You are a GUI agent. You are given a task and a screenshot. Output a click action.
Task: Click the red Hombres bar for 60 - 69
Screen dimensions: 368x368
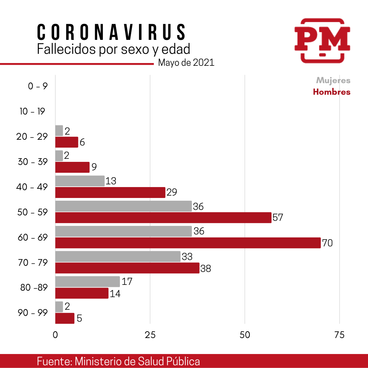pos(188,243)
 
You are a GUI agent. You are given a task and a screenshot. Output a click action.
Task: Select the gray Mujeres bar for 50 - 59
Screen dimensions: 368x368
pos(123,206)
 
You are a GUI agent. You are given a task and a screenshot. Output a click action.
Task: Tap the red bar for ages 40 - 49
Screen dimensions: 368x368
pos(110,193)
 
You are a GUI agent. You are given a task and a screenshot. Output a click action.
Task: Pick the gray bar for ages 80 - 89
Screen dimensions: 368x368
pos(88,282)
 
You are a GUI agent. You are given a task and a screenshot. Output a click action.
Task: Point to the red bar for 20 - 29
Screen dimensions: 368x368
pos(67,142)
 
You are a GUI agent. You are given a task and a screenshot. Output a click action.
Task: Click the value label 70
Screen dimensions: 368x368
pos(327,243)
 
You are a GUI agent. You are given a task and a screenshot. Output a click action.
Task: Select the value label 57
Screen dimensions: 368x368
pos(278,218)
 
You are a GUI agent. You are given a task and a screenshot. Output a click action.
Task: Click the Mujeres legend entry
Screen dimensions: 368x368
pos(333,80)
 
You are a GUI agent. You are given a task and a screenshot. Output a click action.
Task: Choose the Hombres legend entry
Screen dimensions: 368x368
pos(332,92)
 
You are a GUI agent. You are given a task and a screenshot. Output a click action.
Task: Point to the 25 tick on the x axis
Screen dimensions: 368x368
pos(150,335)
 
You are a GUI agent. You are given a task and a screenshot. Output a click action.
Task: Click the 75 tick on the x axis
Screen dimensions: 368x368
pos(339,335)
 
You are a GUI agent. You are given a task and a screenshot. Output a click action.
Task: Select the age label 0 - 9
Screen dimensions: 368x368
pos(38,86)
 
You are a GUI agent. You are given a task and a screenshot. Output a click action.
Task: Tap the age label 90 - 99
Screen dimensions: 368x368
pos(33,312)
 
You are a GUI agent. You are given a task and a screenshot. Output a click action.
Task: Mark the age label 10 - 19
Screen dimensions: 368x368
pos(32,111)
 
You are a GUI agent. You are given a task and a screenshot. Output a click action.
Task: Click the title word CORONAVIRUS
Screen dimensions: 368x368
pos(111,32)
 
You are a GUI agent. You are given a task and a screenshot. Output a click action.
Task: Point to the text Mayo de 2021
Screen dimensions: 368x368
pos(186,63)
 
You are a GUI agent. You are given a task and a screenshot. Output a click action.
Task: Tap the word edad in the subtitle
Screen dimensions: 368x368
pos(176,49)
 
